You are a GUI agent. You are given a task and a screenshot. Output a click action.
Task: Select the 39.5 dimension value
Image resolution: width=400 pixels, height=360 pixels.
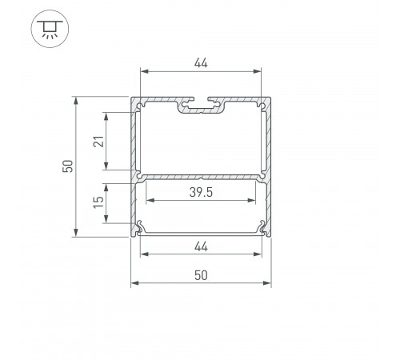pyautogui.click(x=201, y=192)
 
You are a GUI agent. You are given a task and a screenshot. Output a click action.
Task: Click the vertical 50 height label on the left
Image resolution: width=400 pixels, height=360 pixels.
pyautogui.click(x=68, y=166)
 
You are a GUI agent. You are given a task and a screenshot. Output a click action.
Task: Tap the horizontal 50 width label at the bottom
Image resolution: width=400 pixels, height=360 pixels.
pyautogui.click(x=201, y=274)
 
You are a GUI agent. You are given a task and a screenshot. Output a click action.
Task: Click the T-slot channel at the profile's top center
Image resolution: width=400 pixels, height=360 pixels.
pyautogui.click(x=201, y=106)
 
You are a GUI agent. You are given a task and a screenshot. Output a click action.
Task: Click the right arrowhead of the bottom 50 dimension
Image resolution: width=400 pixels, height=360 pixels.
pyautogui.click(x=268, y=283)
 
